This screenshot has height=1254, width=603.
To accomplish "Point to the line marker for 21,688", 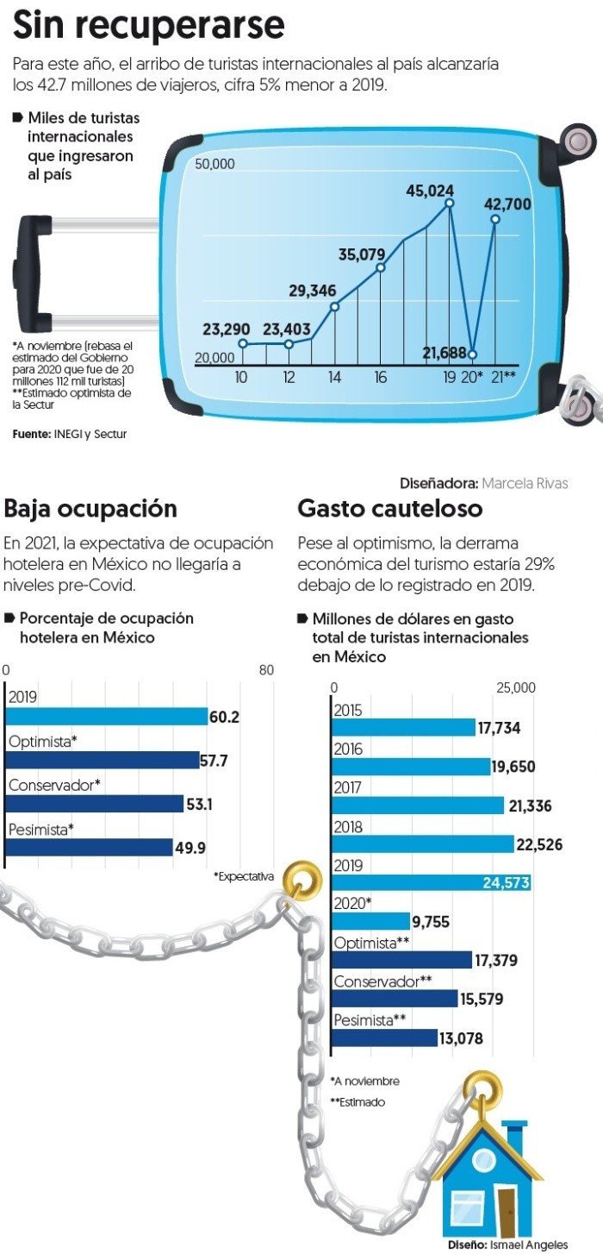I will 472,354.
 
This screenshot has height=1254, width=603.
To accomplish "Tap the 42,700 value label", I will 507,204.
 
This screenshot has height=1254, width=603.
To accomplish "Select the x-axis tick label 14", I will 334,377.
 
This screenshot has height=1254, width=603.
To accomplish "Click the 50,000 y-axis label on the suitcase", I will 214,165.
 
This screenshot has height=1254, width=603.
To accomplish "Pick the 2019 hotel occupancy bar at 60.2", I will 106,717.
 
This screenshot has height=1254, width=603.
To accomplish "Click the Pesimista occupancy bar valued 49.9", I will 89,847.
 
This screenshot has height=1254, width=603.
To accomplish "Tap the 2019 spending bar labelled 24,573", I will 431,882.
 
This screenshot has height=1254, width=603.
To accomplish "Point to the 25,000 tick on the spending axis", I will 515,687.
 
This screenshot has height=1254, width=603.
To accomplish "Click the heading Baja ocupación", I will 90,509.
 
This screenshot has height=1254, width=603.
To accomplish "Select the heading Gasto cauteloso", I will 390,509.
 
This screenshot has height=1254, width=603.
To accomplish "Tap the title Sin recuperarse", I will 148,26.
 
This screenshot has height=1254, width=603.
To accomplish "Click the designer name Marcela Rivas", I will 525,483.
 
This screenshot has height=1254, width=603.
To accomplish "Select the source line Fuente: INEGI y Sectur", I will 69,434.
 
